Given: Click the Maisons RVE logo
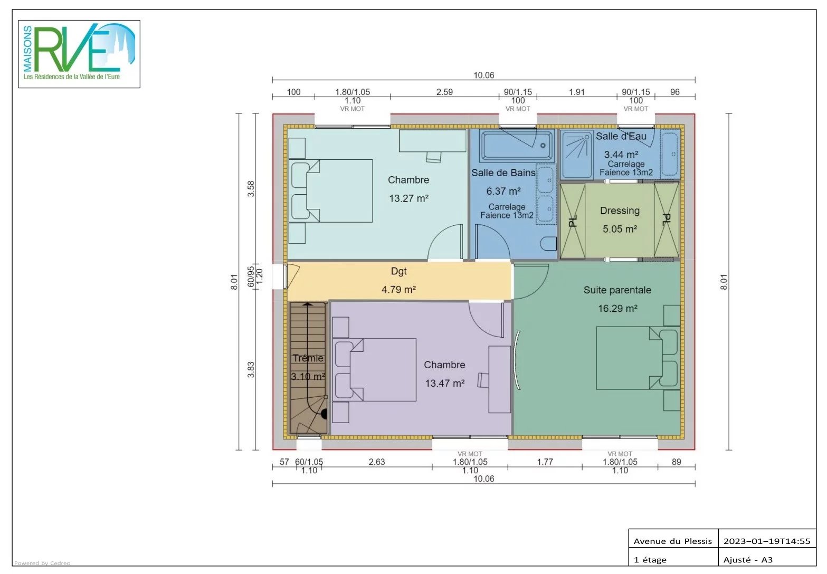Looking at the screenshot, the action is tap(79, 54).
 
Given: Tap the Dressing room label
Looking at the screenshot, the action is tap(620, 211).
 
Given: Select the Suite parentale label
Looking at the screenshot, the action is tap(617, 290).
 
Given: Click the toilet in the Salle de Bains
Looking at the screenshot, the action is tap(549, 244).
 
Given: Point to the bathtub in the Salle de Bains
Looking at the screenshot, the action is tap(517, 146).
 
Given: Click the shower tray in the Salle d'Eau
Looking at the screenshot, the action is tap(576, 154).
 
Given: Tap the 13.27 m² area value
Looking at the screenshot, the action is tap(408, 198).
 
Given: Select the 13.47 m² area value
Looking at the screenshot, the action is tap(444, 384).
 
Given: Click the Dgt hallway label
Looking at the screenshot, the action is tap(399, 271).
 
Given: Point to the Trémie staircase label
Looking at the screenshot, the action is tap(308, 358).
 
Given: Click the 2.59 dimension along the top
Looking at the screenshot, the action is tap(444, 92).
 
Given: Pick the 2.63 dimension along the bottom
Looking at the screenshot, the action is tap(377, 462).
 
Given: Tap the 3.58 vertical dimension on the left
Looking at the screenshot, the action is tap(251, 189).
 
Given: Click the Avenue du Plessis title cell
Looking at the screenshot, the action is tap(673, 541).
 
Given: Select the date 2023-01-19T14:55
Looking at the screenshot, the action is tap(766, 541).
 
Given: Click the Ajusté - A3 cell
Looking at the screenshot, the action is tap(748, 560).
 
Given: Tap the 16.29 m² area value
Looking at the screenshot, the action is tap(617, 309).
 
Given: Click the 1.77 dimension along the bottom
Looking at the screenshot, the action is tap(545, 462).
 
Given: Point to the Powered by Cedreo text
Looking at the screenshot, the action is tap(42, 563).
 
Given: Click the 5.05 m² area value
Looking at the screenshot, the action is tap(620, 229).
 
